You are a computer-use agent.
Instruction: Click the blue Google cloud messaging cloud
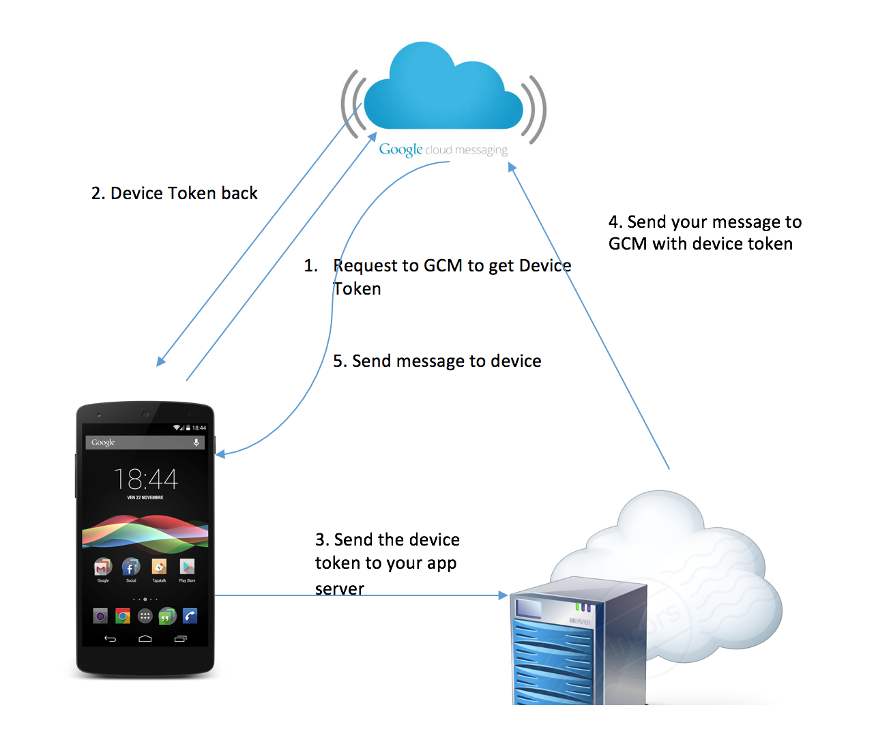tap(443, 92)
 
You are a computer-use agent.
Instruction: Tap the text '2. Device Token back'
tap(174, 194)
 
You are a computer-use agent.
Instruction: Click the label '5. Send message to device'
tap(437, 361)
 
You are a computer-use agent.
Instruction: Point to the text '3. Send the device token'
tap(387, 552)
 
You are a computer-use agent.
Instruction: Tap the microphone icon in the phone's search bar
tap(196, 443)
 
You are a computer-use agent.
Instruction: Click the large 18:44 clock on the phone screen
tap(145, 479)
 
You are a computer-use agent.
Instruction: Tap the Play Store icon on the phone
tap(187, 567)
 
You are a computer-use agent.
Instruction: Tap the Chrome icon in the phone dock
tap(123, 617)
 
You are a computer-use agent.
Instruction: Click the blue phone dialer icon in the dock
tap(190, 617)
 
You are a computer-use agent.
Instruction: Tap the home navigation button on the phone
tap(145, 639)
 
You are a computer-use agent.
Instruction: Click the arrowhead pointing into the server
tap(503, 595)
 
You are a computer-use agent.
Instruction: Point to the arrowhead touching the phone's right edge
tap(220, 454)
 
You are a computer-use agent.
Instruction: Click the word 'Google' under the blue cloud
tap(400, 149)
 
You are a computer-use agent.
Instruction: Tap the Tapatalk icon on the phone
tap(159, 567)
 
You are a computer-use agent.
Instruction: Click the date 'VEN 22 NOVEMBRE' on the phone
tap(145, 498)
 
